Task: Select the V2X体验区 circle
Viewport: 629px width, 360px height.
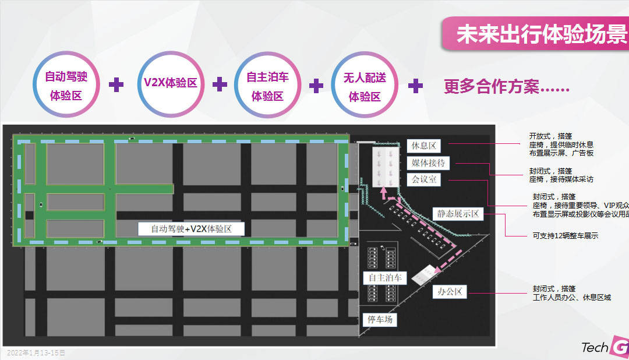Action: coord(170,83)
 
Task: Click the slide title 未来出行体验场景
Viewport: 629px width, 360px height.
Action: coord(542,34)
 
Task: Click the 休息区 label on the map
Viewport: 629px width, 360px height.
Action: coord(424,146)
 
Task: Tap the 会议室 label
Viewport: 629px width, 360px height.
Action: coord(424,179)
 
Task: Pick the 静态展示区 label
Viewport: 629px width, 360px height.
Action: coord(458,214)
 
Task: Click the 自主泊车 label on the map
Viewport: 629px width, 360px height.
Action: coord(382,278)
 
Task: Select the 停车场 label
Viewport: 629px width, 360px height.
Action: coord(380,319)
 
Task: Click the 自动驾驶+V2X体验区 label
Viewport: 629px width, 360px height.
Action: coord(191,229)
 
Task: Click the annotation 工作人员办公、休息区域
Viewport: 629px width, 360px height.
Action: coord(571,297)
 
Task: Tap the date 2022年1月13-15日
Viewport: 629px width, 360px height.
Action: coord(36,353)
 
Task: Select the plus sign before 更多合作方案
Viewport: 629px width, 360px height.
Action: coord(415,86)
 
